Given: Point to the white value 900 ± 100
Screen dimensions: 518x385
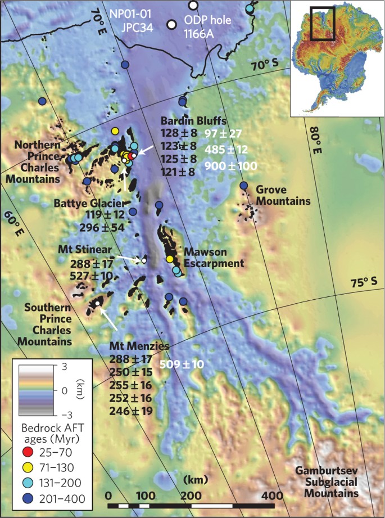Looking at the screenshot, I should (230, 166).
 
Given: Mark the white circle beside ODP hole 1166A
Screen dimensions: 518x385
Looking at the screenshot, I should (172, 25).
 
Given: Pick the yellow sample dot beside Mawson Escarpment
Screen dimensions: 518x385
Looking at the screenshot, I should (170, 259).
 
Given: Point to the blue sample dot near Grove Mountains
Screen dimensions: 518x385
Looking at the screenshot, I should (243, 186).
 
